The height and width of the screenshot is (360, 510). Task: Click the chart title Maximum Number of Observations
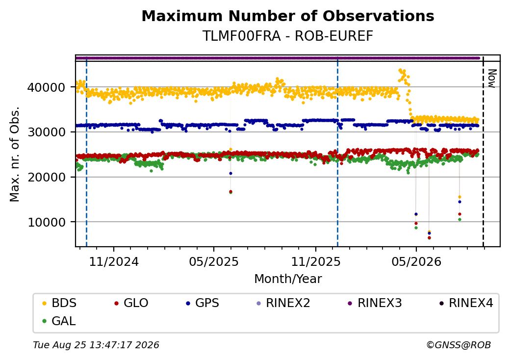[288, 16]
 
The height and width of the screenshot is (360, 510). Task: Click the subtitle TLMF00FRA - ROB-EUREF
[288, 36]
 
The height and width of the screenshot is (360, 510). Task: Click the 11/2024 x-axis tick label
[114, 262]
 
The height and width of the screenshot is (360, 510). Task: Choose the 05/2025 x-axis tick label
[214, 262]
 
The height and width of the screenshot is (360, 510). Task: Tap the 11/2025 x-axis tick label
[315, 262]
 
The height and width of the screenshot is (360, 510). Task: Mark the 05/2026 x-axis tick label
[416, 262]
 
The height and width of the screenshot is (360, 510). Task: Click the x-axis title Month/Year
[288, 279]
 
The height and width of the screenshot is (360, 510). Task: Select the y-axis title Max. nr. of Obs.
[15, 154]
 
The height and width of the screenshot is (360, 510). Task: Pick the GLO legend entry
[131, 303]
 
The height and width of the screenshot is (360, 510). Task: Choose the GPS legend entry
[203, 303]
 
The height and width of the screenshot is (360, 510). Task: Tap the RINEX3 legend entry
[375, 303]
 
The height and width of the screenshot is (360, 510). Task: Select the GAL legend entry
[59, 321]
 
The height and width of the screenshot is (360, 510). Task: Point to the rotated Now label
[492, 78]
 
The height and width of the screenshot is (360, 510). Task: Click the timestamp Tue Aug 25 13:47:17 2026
[96, 345]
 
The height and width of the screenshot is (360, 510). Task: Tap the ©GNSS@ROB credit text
[459, 345]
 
